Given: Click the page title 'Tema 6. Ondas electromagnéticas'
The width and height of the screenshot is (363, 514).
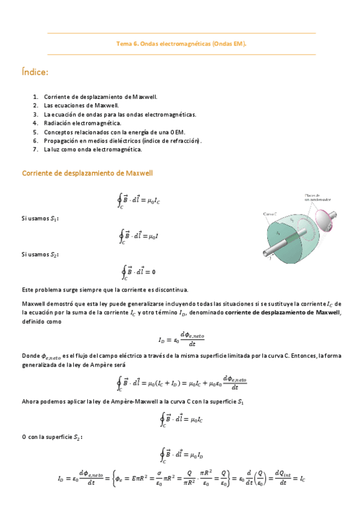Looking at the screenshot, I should [x=181, y=44].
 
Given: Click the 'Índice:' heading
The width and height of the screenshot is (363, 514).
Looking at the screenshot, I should [x=35, y=73].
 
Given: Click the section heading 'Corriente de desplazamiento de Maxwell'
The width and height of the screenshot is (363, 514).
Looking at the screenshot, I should [x=87, y=173].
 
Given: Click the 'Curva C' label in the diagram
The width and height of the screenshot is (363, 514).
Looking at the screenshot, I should [x=270, y=214].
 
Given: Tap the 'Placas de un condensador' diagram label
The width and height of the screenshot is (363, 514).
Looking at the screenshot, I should [x=317, y=198].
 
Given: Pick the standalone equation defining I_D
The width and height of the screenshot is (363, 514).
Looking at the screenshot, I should [x=181, y=339].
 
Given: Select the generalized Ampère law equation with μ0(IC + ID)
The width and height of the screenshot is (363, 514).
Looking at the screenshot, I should [x=181, y=383].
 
